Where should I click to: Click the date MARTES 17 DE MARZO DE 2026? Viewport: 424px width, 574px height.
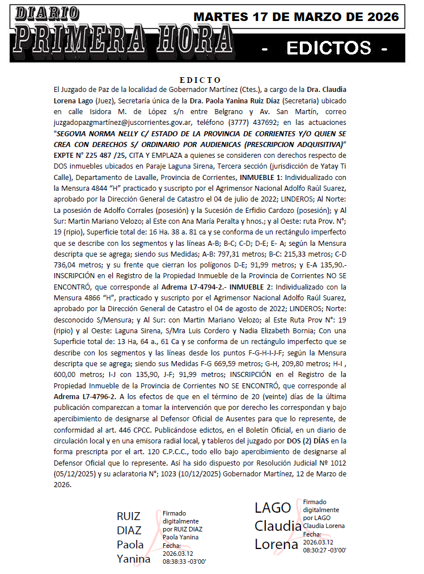pyautogui.click(x=296, y=17)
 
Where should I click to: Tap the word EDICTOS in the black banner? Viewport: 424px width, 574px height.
pyautogui.click(x=329, y=48)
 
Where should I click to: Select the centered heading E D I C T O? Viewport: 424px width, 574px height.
pyautogui.click(x=200, y=79)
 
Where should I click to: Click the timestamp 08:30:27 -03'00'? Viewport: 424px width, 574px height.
pyautogui.click(x=325, y=550)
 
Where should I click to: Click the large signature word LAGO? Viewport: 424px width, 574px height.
pyautogui.click(x=273, y=508)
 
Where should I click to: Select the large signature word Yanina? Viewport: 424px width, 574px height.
pyautogui.click(x=134, y=559)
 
